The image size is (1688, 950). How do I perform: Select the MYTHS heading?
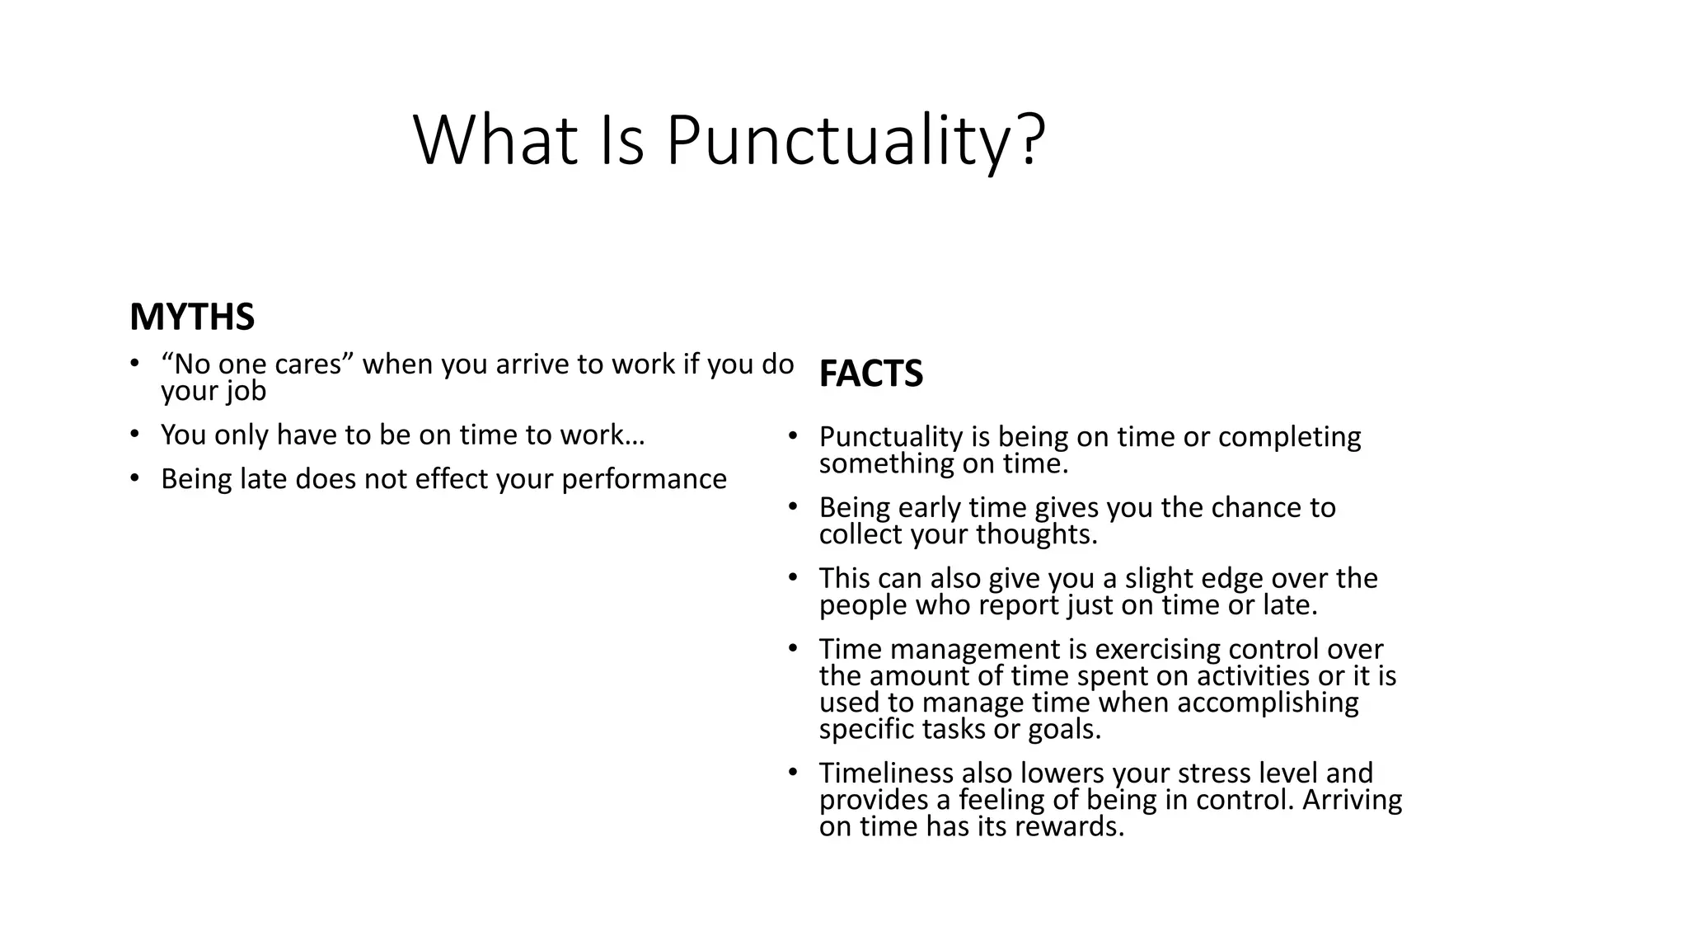point(192,317)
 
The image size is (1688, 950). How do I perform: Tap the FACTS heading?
point(870,374)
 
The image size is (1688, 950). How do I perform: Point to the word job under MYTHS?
point(248,391)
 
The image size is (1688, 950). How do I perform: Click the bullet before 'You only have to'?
point(134,435)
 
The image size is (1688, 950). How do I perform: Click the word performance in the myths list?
point(644,479)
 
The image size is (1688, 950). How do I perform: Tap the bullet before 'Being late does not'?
point(134,479)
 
